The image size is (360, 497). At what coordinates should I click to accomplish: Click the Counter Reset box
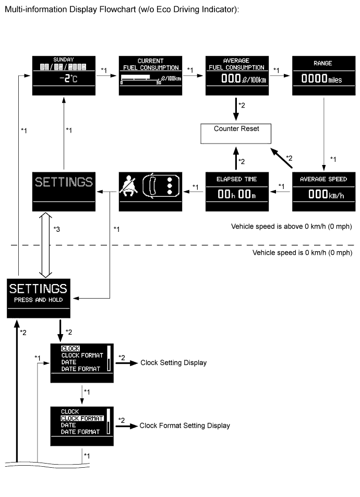[x=236, y=133]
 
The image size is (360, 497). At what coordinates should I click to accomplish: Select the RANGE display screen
[x=323, y=75]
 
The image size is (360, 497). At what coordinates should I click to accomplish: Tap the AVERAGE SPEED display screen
[x=323, y=191]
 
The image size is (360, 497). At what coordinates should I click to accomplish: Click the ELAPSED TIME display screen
[x=237, y=191]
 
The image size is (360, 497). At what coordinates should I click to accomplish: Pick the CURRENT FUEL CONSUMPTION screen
[x=150, y=75]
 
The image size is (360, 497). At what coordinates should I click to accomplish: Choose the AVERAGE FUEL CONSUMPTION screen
[x=236, y=75]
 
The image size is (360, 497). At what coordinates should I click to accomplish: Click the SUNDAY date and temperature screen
[x=64, y=75]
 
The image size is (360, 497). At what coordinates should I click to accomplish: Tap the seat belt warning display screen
[x=150, y=191]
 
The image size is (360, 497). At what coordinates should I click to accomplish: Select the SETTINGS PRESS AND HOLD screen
[x=38, y=298]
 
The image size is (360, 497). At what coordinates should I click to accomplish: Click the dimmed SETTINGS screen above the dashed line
[x=64, y=191]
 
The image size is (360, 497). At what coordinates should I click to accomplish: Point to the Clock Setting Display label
[x=173, y=363]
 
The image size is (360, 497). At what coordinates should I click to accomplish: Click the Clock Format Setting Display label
[x=185, y=426]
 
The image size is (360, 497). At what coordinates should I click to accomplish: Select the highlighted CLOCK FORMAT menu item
[x=82, y=418]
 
